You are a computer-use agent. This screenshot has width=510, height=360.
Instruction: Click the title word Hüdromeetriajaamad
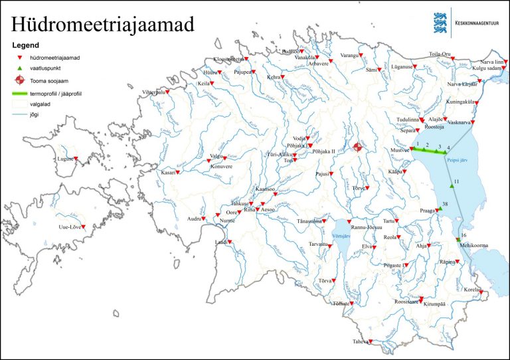(x=103, y=25)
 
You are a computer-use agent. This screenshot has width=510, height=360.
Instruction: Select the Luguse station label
(x=64, y=159)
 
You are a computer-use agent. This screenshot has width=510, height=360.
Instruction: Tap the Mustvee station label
(x=400, y=150)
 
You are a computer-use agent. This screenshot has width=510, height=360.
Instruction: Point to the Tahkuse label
(x=239, y=203)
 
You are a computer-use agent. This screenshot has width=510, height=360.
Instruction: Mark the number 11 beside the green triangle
(x=456, y=181)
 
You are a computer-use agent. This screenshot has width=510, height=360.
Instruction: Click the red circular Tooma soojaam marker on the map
(x=358, y=147)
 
